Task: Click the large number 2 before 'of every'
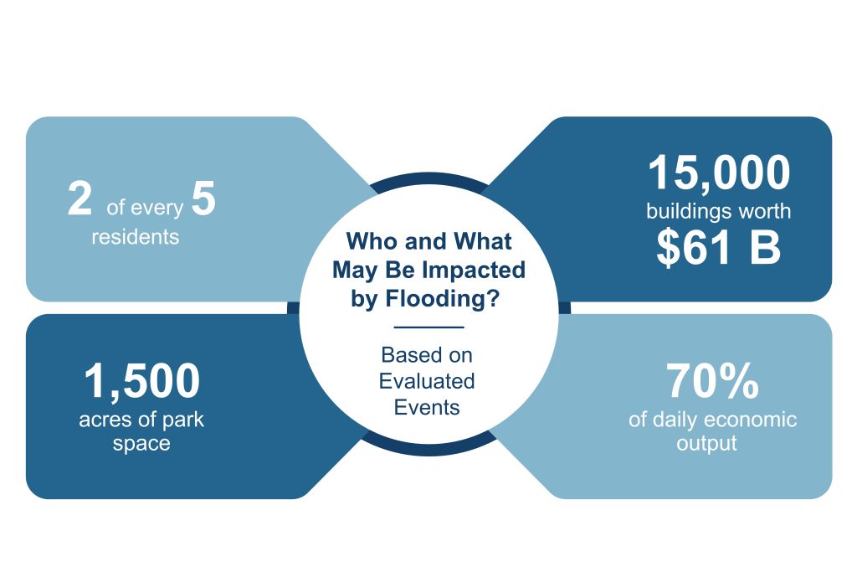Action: click(80, 198)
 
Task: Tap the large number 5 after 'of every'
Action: click(204, 198)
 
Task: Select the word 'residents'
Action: click(135, 237)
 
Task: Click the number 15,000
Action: click(719, 173)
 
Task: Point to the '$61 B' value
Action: click(719, 246)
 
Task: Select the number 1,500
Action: click(142, 381)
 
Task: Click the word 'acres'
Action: click(105, 420)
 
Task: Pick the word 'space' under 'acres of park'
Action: click(141, 444)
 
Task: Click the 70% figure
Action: click(712, 381)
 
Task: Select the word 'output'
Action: click(706, 444)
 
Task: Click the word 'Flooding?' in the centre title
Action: click(443, 299)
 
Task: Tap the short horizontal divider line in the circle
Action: click(429, 327)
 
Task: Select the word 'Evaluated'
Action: click(427, 381)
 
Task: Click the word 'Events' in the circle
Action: click(427, 407)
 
